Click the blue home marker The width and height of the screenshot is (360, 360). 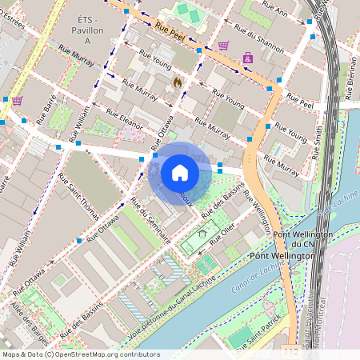(180, 172)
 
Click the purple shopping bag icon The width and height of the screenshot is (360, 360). (248, 58)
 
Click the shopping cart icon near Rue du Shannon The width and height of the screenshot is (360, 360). (223, 46)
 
